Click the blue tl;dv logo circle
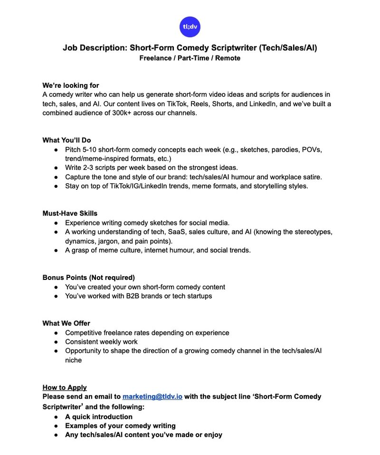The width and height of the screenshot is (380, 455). tap(190, 27)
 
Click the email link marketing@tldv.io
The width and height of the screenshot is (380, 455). tap(152, 397)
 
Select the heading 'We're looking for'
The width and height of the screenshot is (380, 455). tap(71, 85)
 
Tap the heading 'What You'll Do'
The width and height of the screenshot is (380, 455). tap(66, 140)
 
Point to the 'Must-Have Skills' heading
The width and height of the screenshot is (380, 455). tap(70, 214)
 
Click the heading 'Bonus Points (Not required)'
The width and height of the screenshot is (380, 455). tap(88, 278)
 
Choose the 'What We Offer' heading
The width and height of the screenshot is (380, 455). tap(66, 324)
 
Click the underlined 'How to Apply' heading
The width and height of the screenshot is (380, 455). tap(65, 388)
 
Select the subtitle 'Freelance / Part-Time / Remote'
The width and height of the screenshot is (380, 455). tap(190, 58)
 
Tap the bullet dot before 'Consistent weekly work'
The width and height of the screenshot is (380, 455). tap(56, 342)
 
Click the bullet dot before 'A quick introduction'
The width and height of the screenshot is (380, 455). tap(56, 417)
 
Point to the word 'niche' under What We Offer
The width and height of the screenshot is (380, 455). tap(73, 360)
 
